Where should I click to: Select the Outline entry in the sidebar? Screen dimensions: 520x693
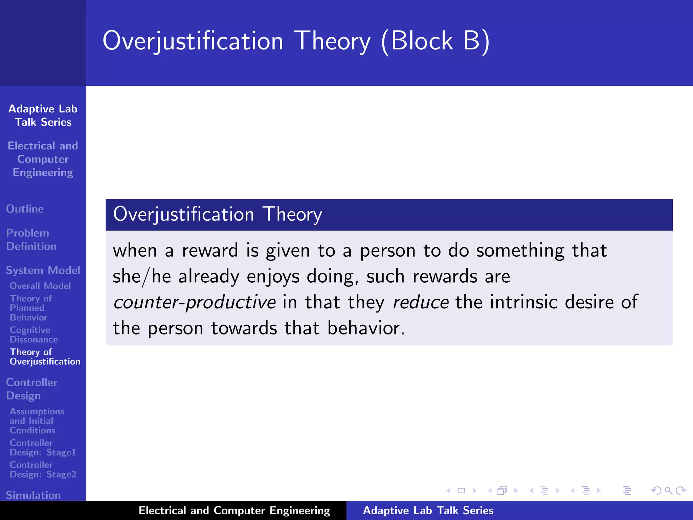[25, 209]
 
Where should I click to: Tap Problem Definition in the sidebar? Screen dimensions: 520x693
[31, 239]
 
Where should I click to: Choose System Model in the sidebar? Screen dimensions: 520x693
[43, 270]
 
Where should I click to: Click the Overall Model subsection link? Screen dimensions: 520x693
[40, 286]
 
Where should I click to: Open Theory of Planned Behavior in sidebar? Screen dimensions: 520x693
[30, 308]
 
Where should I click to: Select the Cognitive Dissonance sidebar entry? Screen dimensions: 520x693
[33, 334]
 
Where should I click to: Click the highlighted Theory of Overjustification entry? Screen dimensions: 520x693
[45, 357]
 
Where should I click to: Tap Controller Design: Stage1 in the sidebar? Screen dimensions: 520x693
[43, 448]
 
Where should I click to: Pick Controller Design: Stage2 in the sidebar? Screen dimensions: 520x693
[43, 470]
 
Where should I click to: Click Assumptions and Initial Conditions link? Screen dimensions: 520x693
[37, 421]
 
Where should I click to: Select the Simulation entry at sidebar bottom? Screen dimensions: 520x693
[33, 495]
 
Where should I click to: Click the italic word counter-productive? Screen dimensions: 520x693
[195, 302]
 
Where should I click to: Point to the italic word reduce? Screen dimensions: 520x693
[421, 302]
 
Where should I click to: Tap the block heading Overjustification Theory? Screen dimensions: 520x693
[217, 214]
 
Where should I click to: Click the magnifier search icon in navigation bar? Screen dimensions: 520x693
[668, 491]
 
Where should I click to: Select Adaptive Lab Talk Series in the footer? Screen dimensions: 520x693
[428, 511]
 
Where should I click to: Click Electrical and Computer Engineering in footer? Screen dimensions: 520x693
[234, 511]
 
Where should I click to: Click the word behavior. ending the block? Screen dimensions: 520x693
[366, 328]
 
